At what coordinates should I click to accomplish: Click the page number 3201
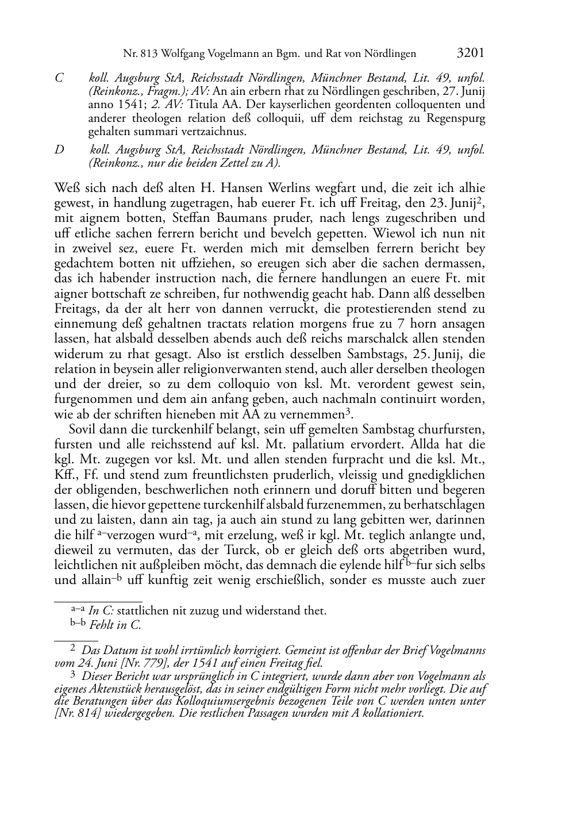click(470, 53)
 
